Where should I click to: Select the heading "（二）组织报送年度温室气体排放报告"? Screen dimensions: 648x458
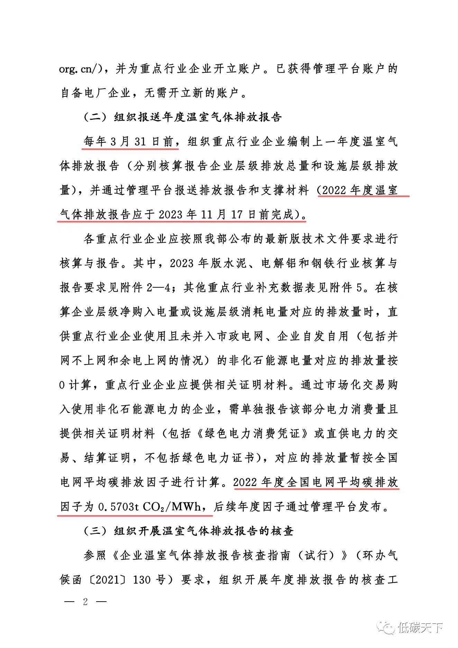182,117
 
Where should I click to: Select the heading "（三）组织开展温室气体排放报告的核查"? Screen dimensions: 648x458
189,531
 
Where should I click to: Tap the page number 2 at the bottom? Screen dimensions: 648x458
85,601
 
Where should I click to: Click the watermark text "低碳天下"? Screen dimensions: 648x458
420,627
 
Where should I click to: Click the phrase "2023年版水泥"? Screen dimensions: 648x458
208,263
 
